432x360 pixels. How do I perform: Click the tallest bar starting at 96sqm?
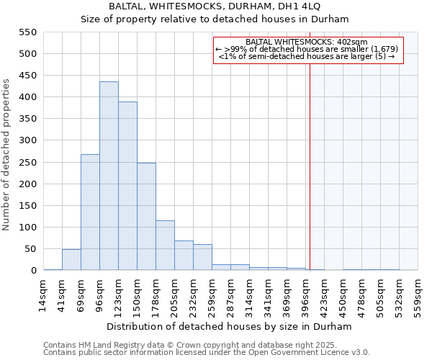[x=109, y=176]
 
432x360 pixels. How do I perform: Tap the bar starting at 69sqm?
[x=90, y=212]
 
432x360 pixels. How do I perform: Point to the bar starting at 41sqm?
[x=71, y=260]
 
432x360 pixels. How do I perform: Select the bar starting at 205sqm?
[x=184, y=256]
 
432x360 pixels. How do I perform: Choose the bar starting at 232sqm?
[x=202, y=258]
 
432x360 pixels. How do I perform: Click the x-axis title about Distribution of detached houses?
[x=230, y=326]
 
